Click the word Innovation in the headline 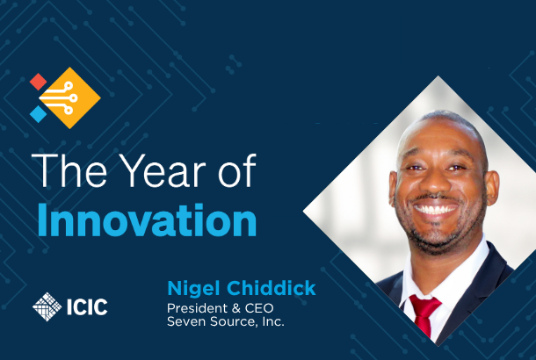pos(147,220)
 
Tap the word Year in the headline pos(162,170)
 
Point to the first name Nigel pos(193,289)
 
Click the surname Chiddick pos(272,288)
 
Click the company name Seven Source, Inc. pos(226,321)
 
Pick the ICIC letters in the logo pos(87,306)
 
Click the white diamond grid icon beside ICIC pos(47,306)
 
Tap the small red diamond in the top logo pos(39,82)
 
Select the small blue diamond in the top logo pos(39,114)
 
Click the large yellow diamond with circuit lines pos(69,98)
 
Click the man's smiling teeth pos(435,209)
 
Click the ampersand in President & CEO pos(235,308)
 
